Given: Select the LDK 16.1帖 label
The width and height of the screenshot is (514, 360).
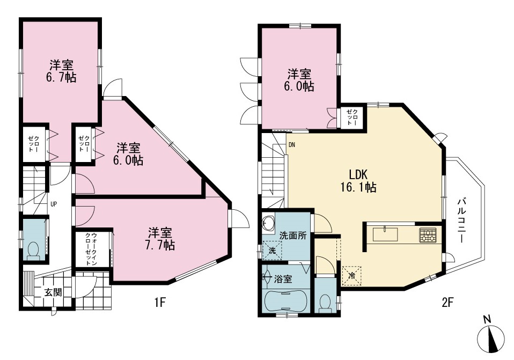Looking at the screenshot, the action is tap(358, 180).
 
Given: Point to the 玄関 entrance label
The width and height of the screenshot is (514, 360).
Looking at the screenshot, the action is tap(53, 292).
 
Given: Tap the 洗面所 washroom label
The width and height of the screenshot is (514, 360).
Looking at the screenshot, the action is tap(293, 236).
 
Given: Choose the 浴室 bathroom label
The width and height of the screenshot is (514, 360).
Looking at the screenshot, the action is tap(283, 280).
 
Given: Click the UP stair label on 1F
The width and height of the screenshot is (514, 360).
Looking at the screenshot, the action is tap(54, 204).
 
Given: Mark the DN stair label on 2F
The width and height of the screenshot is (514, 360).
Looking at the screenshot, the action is tap(292, 145).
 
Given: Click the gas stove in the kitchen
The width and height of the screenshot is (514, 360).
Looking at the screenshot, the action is tap(428, 235).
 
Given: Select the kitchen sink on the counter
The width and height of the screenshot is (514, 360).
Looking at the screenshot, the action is tap(385, 234).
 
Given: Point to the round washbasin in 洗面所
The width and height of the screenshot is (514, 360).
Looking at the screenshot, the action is tap(268, 223).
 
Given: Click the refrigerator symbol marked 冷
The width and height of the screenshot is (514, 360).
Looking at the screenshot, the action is tap(351, 275).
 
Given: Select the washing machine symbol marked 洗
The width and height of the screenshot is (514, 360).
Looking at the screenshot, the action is tap(272, 251).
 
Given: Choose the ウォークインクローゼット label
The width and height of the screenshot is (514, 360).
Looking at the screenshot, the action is tap(91, 249).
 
